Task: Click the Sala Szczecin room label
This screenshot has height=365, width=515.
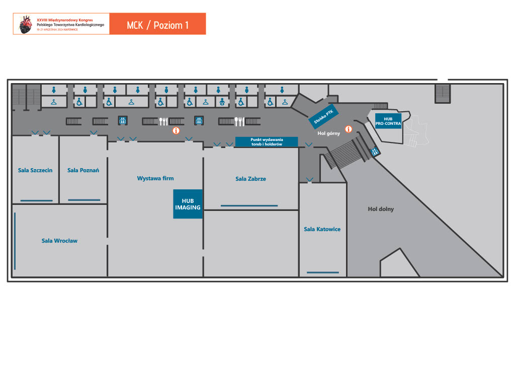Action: point(35,170)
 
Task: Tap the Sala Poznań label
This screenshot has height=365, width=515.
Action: point(83,170)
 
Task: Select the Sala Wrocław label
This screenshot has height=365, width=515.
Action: point(59,241)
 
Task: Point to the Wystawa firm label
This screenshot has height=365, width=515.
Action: point(155,178)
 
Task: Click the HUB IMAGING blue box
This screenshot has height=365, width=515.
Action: point(188,204)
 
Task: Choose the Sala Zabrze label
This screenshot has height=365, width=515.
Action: point(250,179)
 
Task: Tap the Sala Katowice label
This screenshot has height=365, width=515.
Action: point(322,229)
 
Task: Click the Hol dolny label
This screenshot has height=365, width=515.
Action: point(381,209)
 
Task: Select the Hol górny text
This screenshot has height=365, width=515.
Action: point(329,133)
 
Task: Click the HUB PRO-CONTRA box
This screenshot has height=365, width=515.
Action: point(388,120)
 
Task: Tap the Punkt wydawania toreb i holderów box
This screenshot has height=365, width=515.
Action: point(267,141)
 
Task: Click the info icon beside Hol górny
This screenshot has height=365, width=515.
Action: point(348,129)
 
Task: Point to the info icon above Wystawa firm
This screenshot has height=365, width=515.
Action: point(176,130)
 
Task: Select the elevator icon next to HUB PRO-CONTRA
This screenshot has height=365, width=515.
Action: point(375,152)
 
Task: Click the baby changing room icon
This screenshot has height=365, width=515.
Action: point(222,102)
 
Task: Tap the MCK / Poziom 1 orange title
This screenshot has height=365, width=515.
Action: point(157,24)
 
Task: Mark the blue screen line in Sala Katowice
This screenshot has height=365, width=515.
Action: point(322,272)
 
